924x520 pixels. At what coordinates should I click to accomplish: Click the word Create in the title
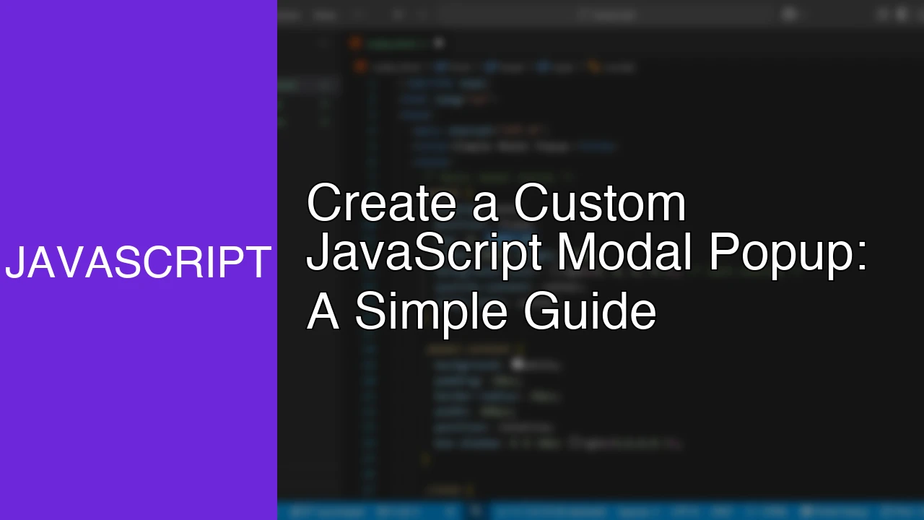click(x=381, y=204)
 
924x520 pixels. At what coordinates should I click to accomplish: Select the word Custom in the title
click(x=599, y=204)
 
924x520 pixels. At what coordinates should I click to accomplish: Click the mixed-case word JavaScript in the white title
click(x=424, y=254)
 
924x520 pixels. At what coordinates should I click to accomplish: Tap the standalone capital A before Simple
click(x=323, y=312)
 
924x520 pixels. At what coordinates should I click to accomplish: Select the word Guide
click(x=590, y=312)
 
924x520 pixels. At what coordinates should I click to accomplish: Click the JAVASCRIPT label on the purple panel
click(x=138, y=263)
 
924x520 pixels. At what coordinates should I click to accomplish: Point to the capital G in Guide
click(x=541, y=312)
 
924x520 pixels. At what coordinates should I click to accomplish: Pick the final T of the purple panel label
click(x=258, y=263)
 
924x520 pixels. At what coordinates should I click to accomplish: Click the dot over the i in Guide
click(x=596, y=295)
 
